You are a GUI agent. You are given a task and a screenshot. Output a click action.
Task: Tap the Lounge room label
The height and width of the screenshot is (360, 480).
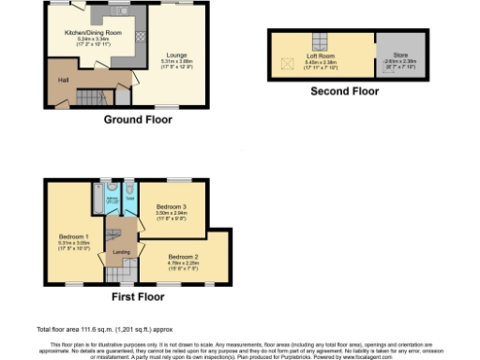(x=175, y=54)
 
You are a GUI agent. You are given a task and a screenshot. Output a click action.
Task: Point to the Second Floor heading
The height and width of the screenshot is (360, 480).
(x=344, y=92)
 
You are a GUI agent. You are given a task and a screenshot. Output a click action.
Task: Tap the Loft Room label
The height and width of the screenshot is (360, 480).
(x=320, y=55)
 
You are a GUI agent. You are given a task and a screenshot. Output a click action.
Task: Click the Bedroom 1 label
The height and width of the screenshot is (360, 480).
(x=73, y=235)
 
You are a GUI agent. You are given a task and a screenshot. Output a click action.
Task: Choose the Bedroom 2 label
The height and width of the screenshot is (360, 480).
(x=184, y=255)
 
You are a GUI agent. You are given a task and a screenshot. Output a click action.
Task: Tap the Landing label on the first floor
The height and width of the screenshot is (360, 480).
(x=122, y=251)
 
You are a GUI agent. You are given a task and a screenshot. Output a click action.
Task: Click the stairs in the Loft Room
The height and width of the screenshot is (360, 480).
(x=319, y=39)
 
